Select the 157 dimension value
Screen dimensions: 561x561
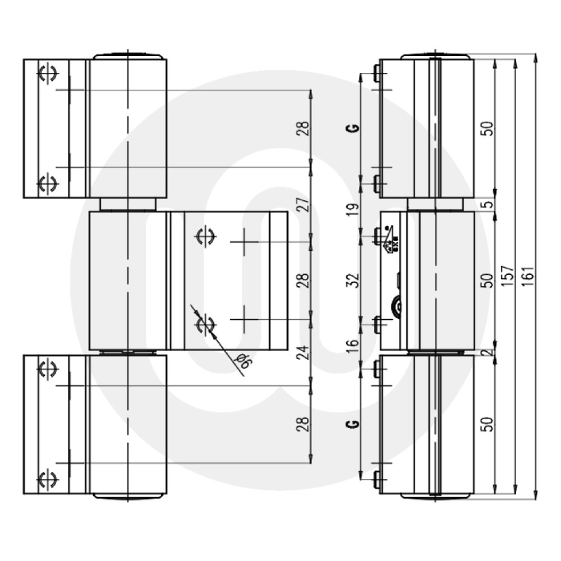pos(508,274)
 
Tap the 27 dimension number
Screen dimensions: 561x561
pos(303,205)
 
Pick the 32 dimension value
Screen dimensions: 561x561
pos(353,280)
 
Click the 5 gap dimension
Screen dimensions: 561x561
pos(489,204)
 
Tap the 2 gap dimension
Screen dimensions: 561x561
pos(489,352)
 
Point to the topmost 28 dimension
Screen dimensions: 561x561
pos(303,128)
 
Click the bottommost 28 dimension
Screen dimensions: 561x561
pos(303,425)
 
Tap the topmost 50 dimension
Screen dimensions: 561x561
pos(489,128)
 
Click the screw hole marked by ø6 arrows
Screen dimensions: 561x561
pos(205,324)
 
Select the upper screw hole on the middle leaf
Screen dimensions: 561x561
pos(205,238)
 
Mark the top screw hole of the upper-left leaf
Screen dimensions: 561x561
pos(47,72)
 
